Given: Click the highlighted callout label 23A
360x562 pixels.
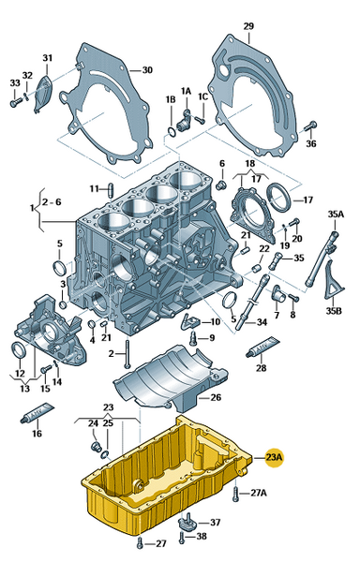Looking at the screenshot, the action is (275, 457).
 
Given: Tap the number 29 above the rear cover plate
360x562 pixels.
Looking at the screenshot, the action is (248, 26).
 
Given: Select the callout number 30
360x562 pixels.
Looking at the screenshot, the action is (147, 70).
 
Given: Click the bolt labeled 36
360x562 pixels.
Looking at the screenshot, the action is (310, 126).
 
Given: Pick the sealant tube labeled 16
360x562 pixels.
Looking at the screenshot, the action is (37, 412).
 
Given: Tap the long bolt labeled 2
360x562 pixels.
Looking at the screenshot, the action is (127, 353).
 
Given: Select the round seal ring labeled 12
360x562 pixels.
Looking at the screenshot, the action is (19, 350).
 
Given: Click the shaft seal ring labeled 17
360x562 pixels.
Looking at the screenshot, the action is (279, 196).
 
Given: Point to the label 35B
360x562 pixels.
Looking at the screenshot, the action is (334, 311).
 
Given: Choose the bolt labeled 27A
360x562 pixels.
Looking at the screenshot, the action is (235, 495).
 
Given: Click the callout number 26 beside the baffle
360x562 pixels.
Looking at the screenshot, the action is (216, 397).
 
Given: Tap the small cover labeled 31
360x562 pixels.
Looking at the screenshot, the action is (44, 94).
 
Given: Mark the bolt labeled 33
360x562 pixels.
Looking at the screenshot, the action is (15, 103).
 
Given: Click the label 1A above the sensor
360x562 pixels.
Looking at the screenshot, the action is (186, 92).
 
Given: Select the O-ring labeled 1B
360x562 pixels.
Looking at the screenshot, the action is (172, 132).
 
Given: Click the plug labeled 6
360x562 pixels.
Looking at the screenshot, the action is (222, 185).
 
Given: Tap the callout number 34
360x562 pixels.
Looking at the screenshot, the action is (262, 322).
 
